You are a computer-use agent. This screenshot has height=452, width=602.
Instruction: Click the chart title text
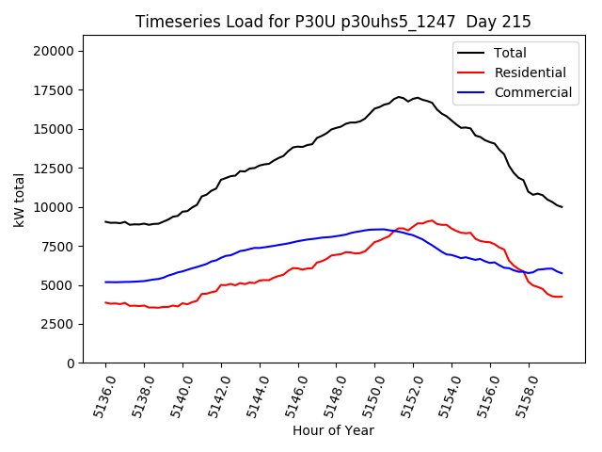point(333,22)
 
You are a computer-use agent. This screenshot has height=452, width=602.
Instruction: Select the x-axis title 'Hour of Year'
point(333,430)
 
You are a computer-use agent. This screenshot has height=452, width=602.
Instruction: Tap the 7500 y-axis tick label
point(60,246)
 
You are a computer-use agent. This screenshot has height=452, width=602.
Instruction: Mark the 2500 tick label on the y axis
point(60,324)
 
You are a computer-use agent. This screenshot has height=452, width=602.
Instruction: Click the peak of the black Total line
point(399,97)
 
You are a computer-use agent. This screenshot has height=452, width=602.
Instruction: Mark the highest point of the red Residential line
point(431,220)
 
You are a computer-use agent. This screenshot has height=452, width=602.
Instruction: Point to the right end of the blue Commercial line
point(562,273)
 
